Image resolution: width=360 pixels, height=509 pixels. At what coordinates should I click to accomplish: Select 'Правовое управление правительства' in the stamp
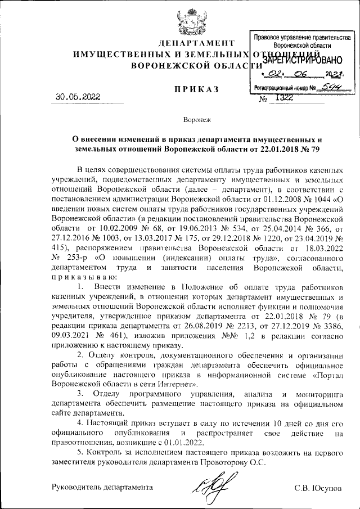299,37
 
